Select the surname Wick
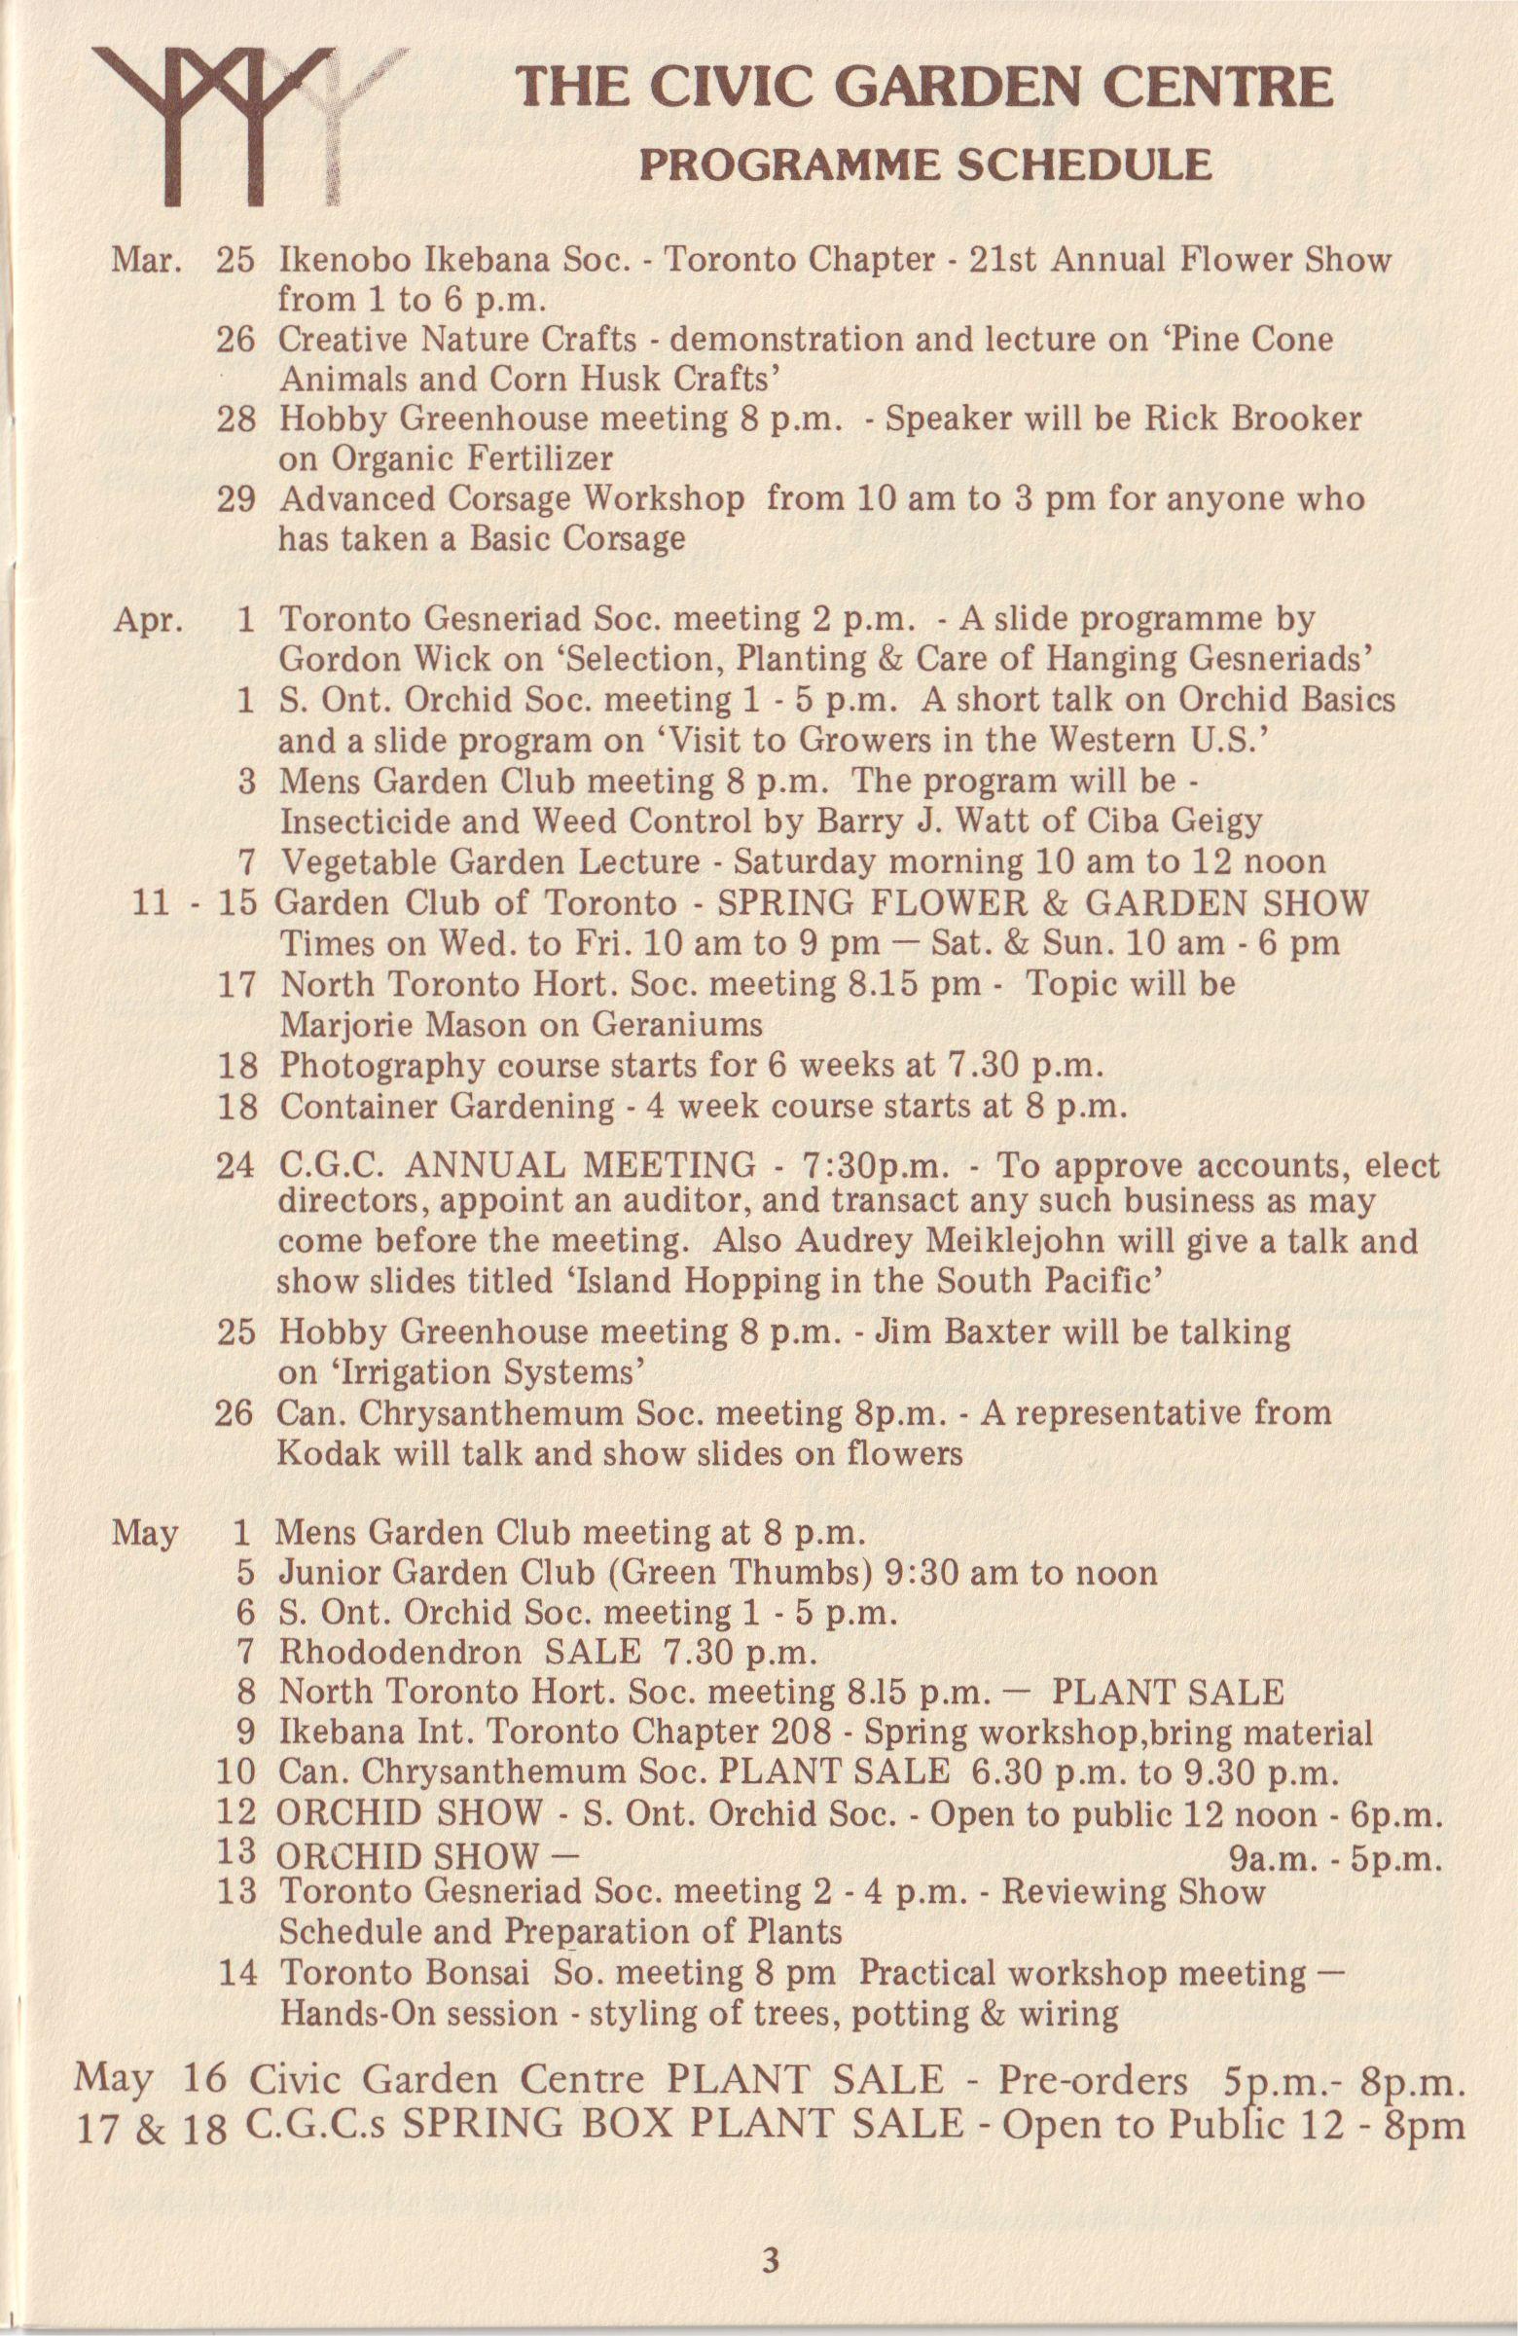click(x=433, y=660)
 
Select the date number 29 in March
click(x=235, y=498)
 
